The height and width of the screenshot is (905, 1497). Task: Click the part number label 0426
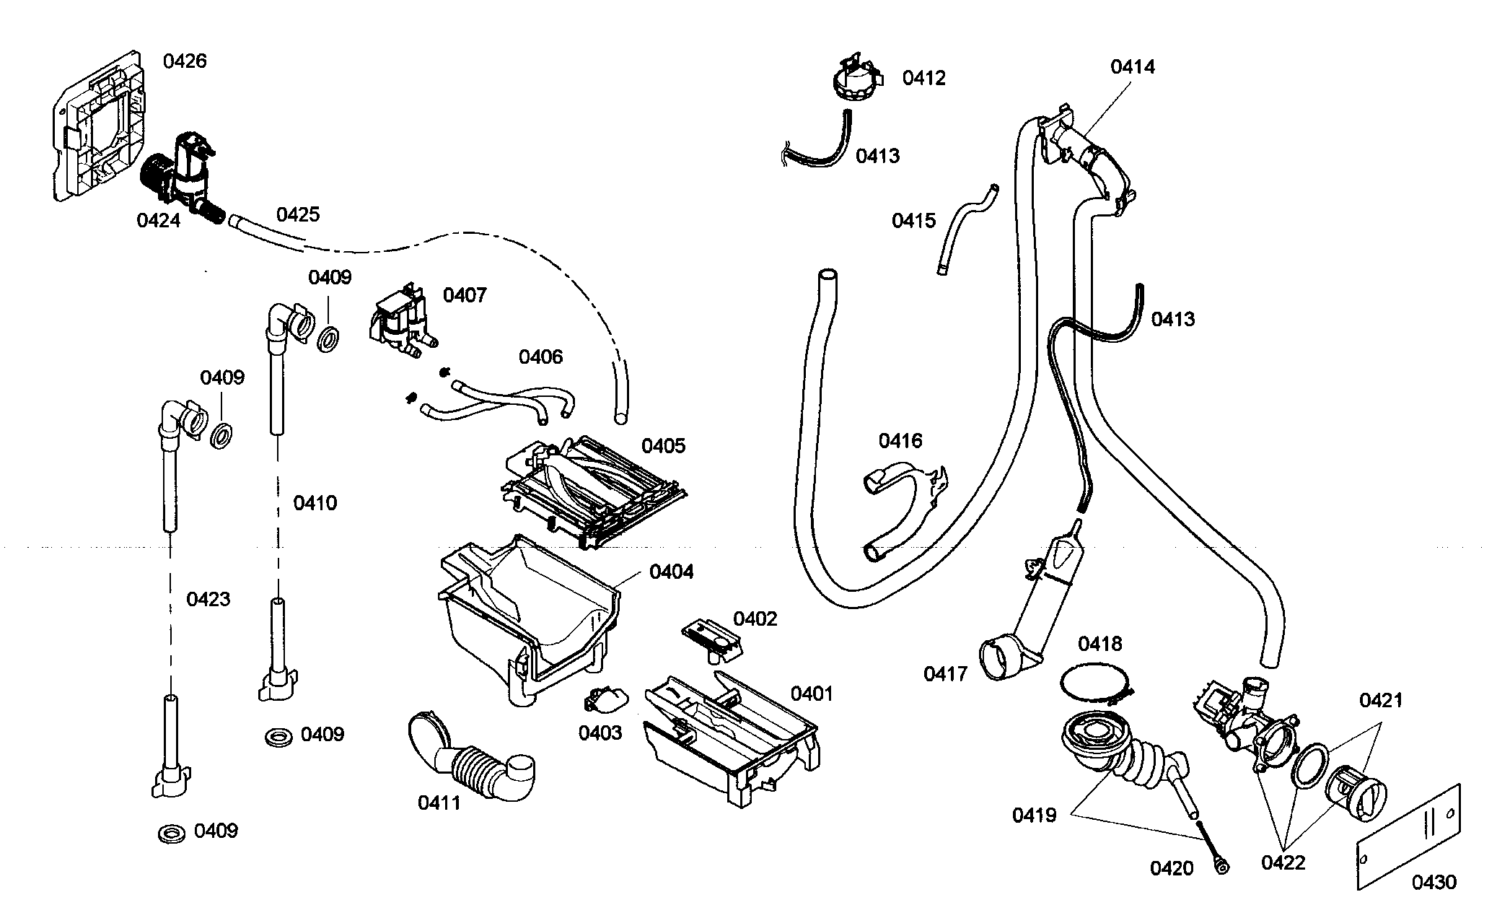coord(185,61)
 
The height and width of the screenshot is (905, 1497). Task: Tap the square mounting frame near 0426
coord(97,126)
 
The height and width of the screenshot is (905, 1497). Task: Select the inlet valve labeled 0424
coord(184,173)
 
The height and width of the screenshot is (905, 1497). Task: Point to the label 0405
coord(663,445)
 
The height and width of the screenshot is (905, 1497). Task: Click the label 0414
coord(1132,67)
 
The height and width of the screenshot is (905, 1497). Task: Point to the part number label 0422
coord(1283,862)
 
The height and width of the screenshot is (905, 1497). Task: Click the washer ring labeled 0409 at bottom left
coord(172,834)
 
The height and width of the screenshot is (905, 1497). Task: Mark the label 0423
coord(208,599)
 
